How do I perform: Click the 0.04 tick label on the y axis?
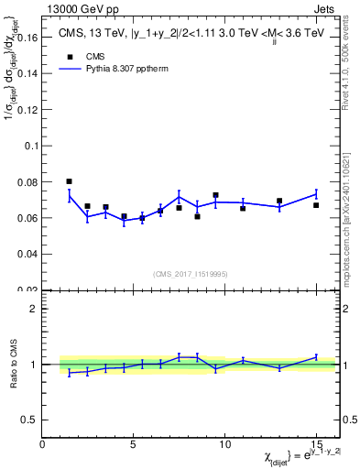(27, 254)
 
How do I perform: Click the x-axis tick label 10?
(224, 444)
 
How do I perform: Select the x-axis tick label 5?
(134, 444)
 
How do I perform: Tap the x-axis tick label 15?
(316, 444)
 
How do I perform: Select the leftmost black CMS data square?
(70, 181)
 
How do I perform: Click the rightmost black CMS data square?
(316, 205)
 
